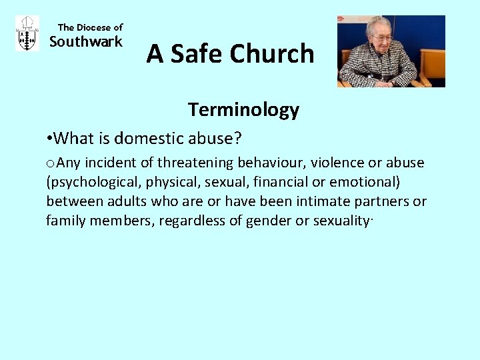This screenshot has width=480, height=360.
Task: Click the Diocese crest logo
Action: click(x=27, y=34)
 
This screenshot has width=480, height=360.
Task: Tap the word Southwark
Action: click(x=86, y=42)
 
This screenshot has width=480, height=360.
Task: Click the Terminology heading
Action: click(x=243, y=109)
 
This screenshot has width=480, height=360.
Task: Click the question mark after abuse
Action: click(x=238, y=139)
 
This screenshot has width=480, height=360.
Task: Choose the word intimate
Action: click(x=325, y=201)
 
